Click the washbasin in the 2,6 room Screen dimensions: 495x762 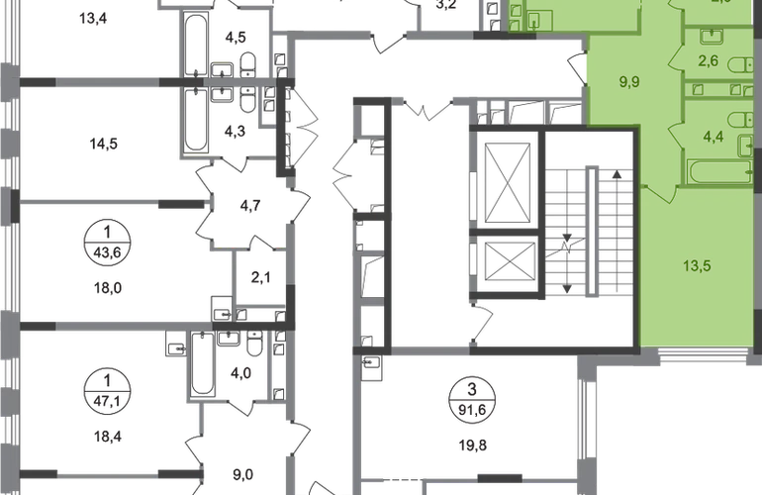click(711, 38)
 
